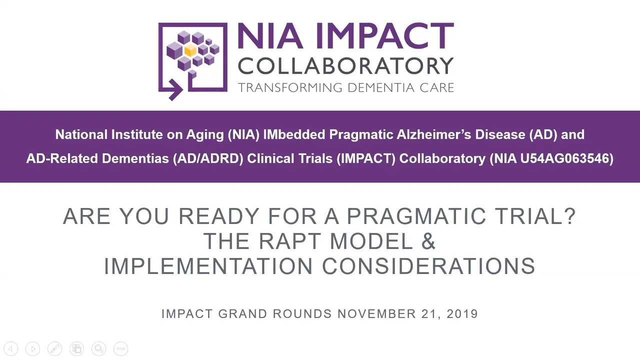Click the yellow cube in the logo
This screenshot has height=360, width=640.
190,51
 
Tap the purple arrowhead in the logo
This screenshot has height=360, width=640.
175,91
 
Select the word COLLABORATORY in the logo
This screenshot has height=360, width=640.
345,65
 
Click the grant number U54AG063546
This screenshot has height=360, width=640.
566,158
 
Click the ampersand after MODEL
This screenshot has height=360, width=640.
428,241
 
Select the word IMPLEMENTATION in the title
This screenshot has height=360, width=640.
209,266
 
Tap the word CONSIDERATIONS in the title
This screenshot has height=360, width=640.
428,266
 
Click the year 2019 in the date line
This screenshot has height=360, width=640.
462,314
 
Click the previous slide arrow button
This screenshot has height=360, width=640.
11,348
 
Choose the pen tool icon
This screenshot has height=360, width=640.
54,348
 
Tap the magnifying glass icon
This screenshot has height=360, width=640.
98,348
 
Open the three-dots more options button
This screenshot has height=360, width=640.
120,348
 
